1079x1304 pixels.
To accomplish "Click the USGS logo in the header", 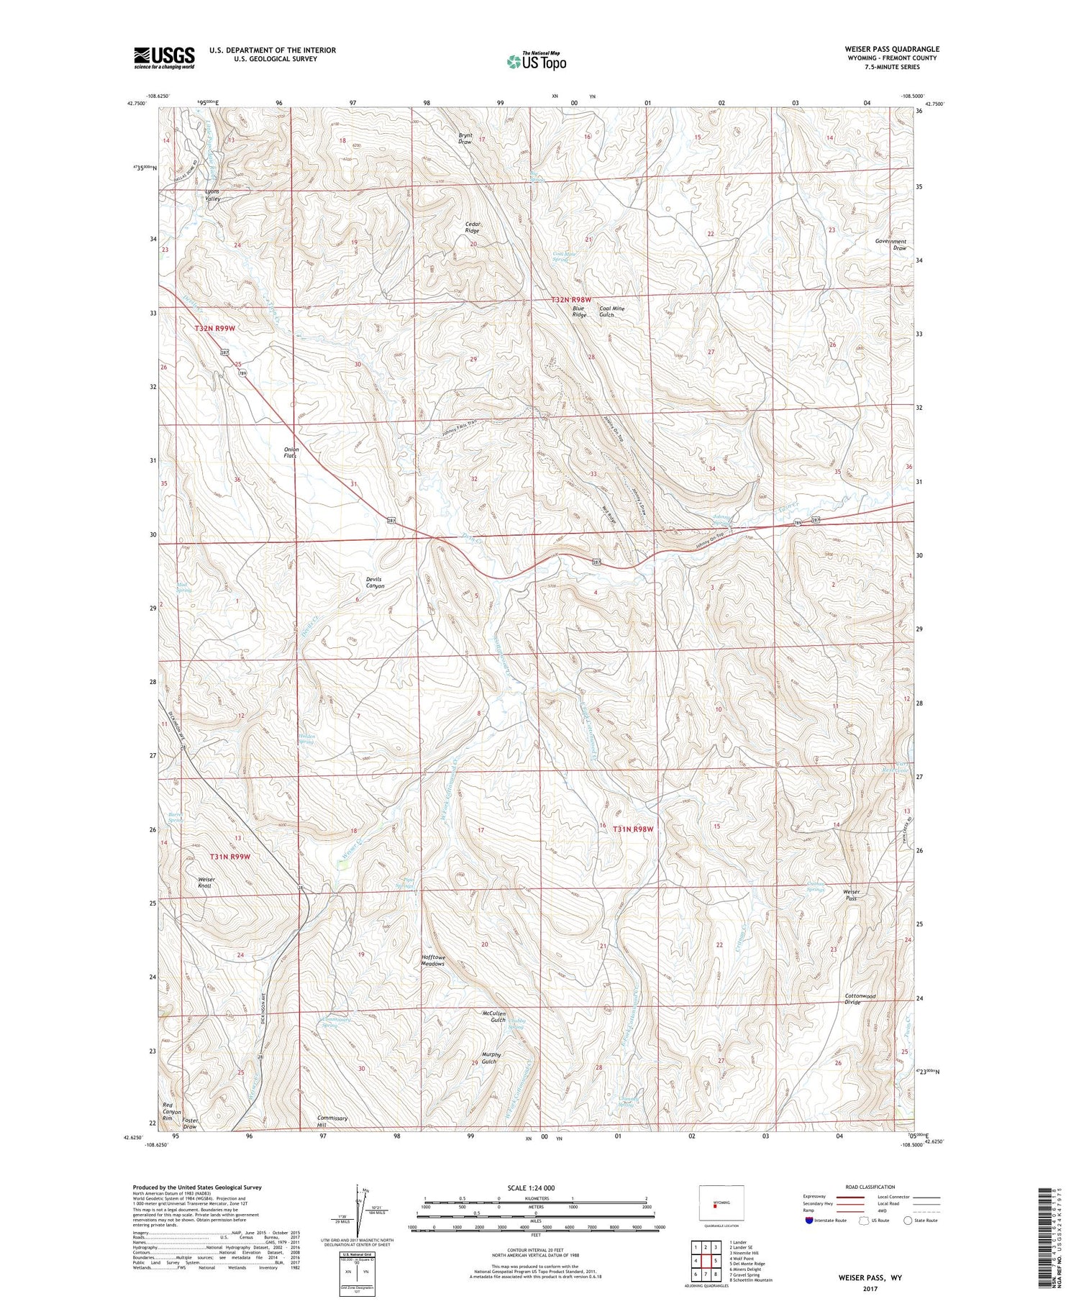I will coord(164,58).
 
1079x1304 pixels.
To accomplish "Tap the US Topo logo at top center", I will coord(537,62).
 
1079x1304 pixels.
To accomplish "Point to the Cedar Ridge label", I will coord(472,227).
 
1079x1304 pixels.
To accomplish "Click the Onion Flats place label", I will coord(291,452).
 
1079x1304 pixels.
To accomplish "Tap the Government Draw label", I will coord(891,245).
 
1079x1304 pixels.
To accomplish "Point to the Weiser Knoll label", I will coord(206,883).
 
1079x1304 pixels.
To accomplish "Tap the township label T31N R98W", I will coord(633,829).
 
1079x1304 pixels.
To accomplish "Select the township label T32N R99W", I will coord(215,327).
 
